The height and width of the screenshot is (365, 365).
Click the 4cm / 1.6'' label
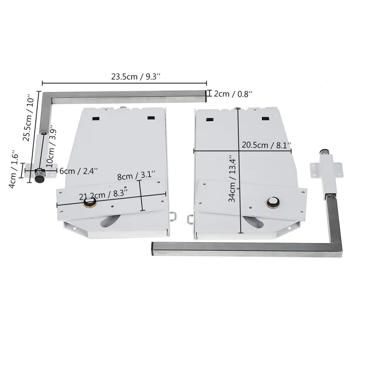tap(15, 169)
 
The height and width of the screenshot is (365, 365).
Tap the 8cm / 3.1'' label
tap(136, 176)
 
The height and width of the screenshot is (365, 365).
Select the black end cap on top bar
tap(205, 95)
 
